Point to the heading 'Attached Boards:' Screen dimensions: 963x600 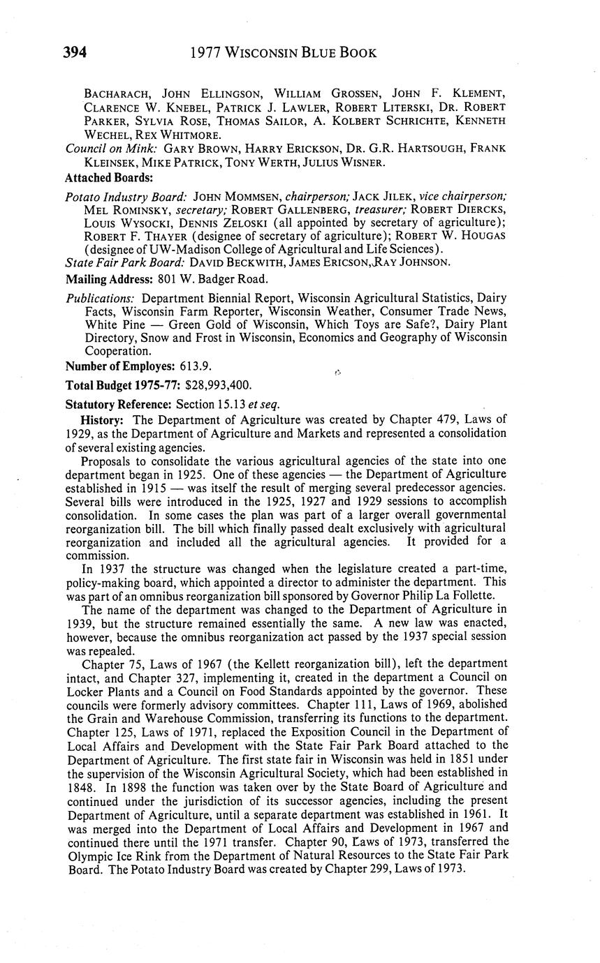click(x=108, y=177)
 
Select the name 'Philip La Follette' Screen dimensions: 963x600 click(x=451, y=595)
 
